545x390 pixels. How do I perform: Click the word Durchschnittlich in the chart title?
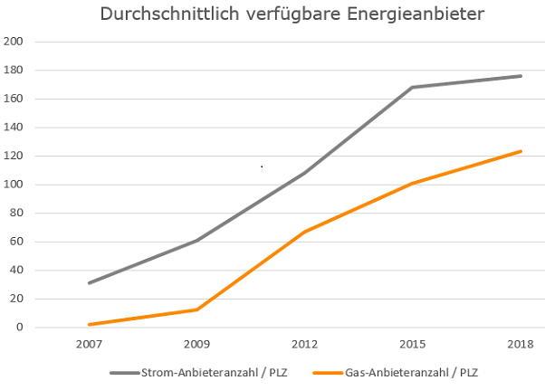[167, 15]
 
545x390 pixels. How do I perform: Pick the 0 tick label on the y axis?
[20, 327]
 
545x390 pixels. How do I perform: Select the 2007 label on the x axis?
[89, 345]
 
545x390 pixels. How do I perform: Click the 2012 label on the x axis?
[304, 345]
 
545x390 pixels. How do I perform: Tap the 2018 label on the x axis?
[521, 345]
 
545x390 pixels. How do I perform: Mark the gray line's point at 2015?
[413, 87]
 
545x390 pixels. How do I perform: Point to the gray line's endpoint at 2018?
[521, 76]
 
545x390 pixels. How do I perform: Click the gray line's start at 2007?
[89, 283]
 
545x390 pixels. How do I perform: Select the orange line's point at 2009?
[196, 309]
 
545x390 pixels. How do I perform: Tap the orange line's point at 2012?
[304, 232]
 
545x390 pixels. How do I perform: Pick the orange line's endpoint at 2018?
[521, 151]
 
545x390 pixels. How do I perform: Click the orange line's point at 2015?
[413, 183]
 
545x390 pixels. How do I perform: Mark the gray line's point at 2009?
[196, 241]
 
